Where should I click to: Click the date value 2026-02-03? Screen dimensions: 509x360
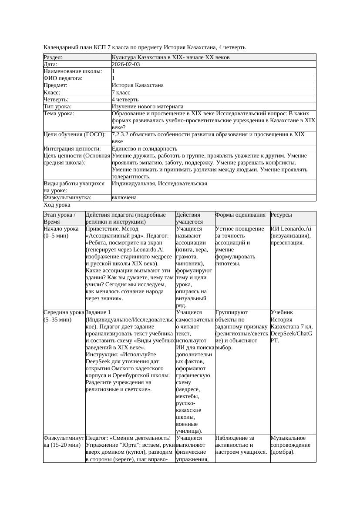(126, 64)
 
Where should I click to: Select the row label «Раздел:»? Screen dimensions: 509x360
(53, 57)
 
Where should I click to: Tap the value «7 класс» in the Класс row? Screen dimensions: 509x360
(122, 93)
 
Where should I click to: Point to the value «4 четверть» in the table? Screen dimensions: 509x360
(125, 100)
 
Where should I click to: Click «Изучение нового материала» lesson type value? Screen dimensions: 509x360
(148, 107)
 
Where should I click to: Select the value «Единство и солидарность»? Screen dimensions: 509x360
(145, 149)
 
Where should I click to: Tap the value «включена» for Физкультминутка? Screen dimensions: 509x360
(124, 198)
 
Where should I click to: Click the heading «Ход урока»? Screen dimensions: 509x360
(57, 204)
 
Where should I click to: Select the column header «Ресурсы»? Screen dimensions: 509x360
(281, 215)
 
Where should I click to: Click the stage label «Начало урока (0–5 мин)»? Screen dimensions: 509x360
(61, 232)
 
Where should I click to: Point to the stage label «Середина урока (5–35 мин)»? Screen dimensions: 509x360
(64, 316)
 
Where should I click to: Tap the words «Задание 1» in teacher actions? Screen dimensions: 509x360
(98, 312)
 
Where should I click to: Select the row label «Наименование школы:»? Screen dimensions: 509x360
(73, 71)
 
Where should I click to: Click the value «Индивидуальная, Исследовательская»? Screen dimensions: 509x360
(159, 184)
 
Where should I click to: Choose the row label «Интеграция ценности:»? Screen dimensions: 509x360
(72, 149)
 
